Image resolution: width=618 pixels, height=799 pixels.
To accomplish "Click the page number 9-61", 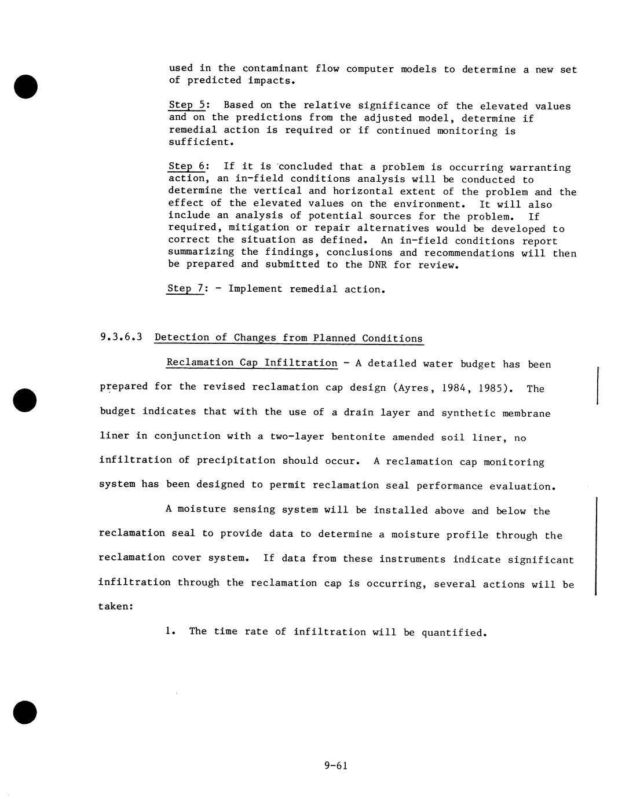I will click(x=335, y=765).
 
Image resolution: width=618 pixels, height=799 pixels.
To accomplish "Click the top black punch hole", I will click(x=25, y=86).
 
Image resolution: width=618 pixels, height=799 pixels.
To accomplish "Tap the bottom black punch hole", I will click(x=25, y=712).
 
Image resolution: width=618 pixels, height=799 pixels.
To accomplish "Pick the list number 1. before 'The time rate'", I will click(x=170, y=631).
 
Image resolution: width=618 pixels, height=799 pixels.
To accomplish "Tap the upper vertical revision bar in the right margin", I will click(x=597, y=385).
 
